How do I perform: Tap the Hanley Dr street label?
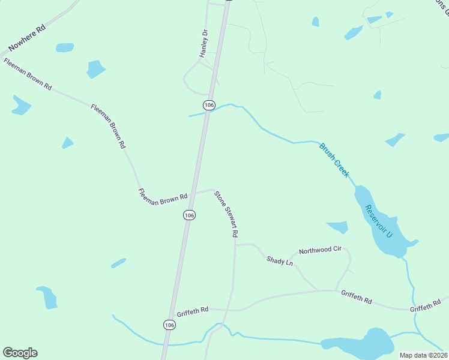[x=204, y=44]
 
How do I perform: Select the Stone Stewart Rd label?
[x=227, y=214]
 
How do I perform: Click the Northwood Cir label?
[x=320, y=251]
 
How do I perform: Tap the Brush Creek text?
[x=334, y=160]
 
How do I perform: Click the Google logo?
[x=20, y=353]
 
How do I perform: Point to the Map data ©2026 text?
[x=423, y=355]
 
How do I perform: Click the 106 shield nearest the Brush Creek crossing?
[x=209, y=105]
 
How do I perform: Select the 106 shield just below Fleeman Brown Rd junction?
[x=189, y=215]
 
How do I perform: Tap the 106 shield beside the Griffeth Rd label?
[x=169, y=324]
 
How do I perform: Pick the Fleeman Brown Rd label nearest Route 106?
[x=163, y=197]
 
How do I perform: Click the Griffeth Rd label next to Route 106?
[x=192, y=312]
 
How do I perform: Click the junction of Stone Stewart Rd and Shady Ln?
[x=235, y=245]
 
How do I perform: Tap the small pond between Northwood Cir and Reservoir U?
[x=338, y=227]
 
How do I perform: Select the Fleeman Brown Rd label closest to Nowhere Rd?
[x=27, y=74]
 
